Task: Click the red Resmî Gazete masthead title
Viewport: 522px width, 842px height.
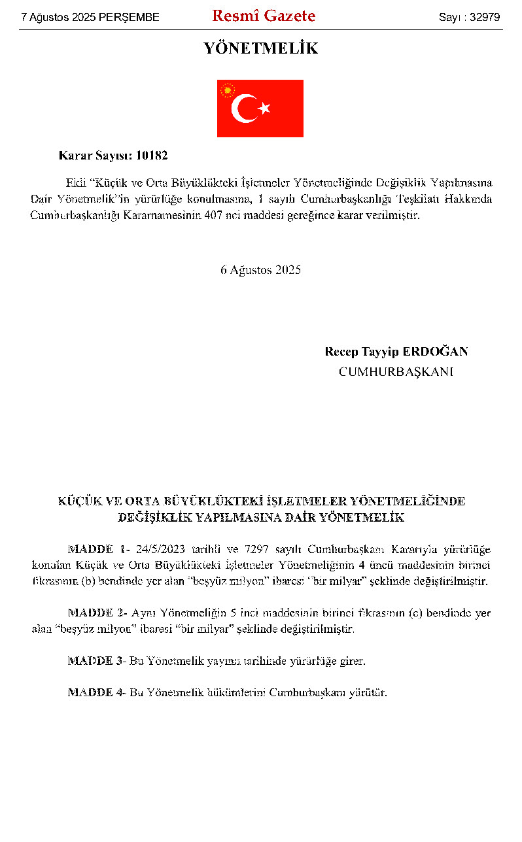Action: (x=264, y=16)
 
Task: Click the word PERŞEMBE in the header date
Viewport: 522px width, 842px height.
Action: (x=129, y=18)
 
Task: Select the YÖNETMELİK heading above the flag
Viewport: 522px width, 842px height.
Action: (x=261, y=49)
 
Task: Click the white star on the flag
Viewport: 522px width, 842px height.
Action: (x=264, y=108)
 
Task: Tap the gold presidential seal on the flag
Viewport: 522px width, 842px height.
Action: (x=228, y=90)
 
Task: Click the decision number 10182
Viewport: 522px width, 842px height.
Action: (x=152, y=156)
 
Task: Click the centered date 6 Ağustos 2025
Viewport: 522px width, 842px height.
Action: (x=260, y=269)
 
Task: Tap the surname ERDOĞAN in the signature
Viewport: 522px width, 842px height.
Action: (x=435, y=352)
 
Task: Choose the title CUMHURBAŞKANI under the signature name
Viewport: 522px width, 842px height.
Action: (x=396, y=372)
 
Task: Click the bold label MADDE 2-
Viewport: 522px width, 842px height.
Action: (x=97, y=613)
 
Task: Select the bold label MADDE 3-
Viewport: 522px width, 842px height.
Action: (x=97, y=661)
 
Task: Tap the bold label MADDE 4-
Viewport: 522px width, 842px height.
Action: (x=97, y=692)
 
